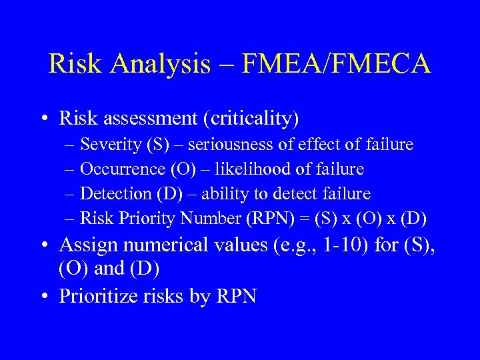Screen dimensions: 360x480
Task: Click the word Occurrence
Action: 115,169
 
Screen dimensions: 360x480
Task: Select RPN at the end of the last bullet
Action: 236,296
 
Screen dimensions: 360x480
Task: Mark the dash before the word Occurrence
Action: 71,169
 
